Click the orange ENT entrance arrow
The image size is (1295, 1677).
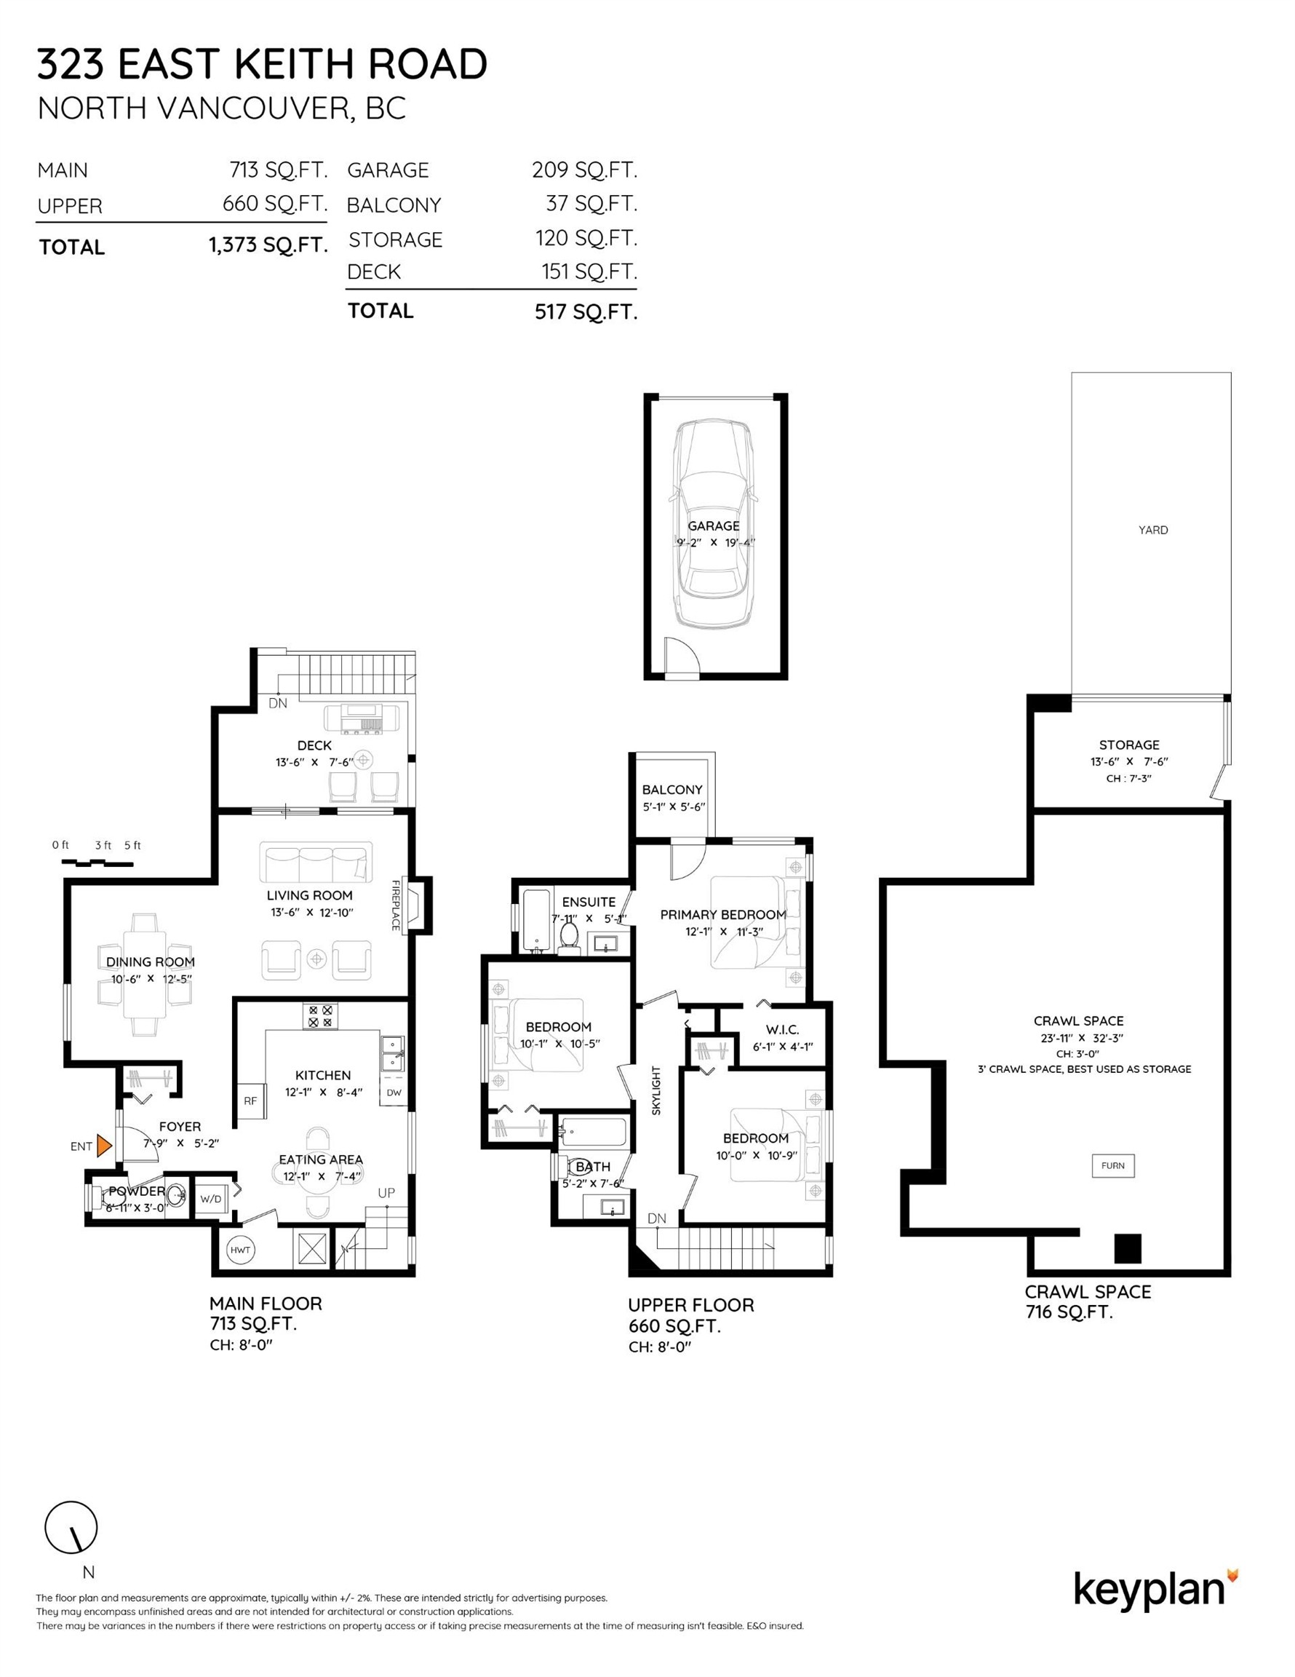(103, 1146)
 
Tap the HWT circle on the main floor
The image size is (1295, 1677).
(240, 1250)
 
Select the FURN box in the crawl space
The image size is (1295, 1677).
(1113, 1165)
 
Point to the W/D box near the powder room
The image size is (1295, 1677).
(211, 1199)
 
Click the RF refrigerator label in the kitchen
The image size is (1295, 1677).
(250, 1101)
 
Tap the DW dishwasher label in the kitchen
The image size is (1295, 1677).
(393, 1093)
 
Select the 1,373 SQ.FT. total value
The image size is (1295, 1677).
(268, 245)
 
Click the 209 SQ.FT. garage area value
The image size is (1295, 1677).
(585, 170)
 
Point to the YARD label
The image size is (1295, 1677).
(1153, 530)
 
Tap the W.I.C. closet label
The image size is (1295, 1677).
(782, 1030)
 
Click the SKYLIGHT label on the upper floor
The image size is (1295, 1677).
(656, 1090)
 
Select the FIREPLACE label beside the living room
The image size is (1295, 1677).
(396, 905)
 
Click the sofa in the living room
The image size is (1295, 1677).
(316, 863)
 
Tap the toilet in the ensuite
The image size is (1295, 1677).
(569, 937)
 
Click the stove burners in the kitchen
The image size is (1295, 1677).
(320, 1016)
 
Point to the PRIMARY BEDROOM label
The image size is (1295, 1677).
(723, 914)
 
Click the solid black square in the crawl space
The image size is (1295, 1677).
(1128, 1248)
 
